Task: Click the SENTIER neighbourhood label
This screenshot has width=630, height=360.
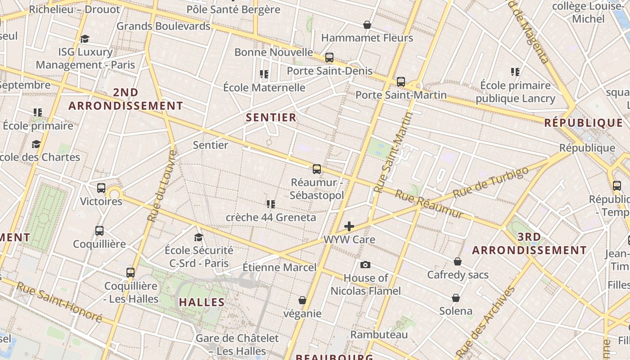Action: (271, 118)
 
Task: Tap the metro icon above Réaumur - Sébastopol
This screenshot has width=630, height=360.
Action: (317, 169)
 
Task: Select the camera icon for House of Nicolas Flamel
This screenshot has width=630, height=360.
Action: (365, 265)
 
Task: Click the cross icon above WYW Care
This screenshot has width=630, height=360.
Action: (349, 226)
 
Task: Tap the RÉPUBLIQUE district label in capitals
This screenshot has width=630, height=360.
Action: (583, 123)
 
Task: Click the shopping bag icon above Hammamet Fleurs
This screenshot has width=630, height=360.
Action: (367, 25)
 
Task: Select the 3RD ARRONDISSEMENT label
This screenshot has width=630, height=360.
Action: (529, 243)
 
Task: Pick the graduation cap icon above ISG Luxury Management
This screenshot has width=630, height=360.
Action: (85, 39)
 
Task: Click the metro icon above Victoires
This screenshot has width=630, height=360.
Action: (101, 188)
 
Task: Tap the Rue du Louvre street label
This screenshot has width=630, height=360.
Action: (162, 186)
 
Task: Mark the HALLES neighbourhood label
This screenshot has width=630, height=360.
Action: (202, 302)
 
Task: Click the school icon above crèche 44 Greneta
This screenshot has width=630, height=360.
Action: (270, 204)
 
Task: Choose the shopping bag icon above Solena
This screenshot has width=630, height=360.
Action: (456, 298)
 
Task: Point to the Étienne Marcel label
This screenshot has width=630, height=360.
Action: (279, 267)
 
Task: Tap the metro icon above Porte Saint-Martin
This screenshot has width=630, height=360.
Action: (400, 82)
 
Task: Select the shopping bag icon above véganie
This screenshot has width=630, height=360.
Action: (302, 300)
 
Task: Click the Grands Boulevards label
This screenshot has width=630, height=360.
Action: (163, 26)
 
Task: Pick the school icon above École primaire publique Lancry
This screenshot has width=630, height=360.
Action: (515, 72)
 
